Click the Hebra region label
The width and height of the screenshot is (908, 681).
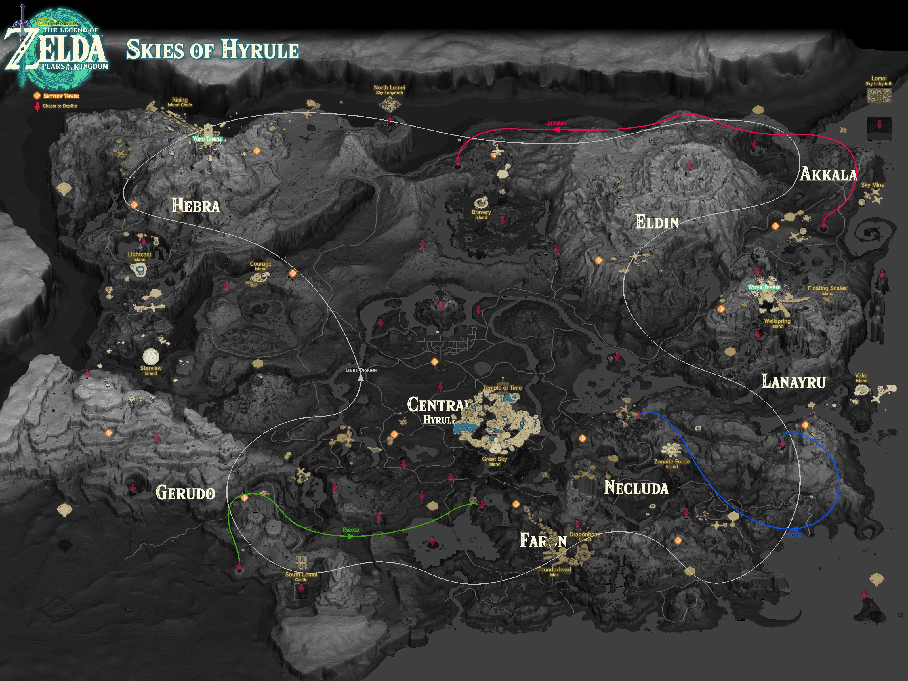(196, 205)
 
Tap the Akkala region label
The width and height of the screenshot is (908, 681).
(828, 175)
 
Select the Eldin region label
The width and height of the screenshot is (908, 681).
(657, 222)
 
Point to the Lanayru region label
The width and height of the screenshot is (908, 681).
(793, 382)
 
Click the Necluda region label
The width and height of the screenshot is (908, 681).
(636, 488)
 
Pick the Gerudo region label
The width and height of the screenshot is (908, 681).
(186, 493)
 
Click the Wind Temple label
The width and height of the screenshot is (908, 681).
(208, 139)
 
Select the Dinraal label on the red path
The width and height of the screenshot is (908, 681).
(556, 123)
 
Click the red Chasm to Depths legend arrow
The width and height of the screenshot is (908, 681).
(37, 107)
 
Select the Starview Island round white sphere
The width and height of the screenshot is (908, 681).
(151, 356)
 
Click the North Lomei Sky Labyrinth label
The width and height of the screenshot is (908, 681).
(389, 89)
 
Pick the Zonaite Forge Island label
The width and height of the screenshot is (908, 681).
(672, 463)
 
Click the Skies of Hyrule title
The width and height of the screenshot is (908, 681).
(212, 50)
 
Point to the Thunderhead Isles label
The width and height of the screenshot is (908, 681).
(554, 571)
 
